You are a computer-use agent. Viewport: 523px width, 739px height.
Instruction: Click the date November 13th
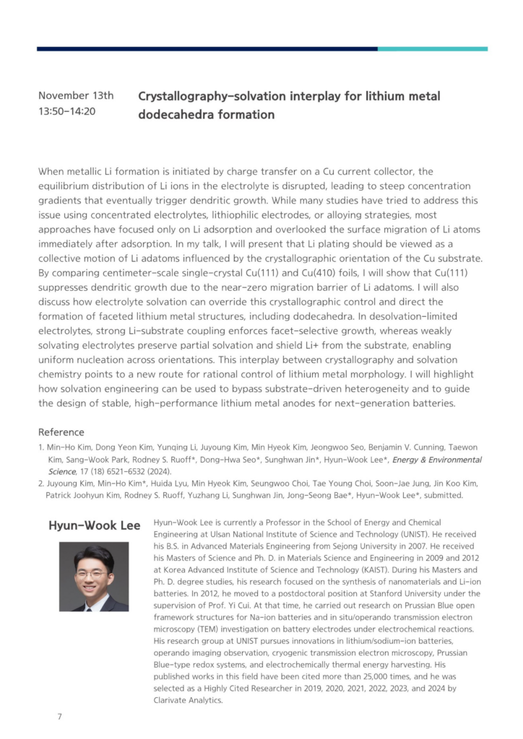coord(76,95)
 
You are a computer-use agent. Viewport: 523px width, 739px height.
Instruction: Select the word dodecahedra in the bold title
coord(171,114)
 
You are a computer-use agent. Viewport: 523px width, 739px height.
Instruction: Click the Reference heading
coord(61,432)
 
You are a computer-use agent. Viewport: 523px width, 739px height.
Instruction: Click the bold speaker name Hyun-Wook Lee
coord(94,525)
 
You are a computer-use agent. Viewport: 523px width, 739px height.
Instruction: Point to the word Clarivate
coord(176,700)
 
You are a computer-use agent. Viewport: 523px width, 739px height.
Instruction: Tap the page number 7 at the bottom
coord(59,717)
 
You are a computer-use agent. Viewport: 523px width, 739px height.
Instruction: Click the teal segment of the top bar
coord(432,49)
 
